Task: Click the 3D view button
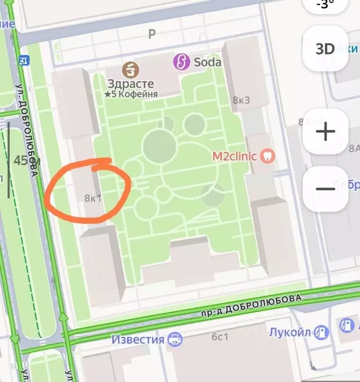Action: [x=325, y=49]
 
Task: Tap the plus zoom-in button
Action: [x=325, y=132]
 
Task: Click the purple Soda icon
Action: [x=182, y=62]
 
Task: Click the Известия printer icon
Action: [x=175, y=340]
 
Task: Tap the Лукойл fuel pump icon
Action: [x=323, y=332]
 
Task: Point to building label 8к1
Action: [x=93, y=198]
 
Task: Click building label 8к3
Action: [x=241, y=100]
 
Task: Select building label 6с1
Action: [x=220, y=337]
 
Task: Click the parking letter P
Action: [x=152, y=34]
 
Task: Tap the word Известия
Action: [x=137, y=340]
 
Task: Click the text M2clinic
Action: [x=236, y=156]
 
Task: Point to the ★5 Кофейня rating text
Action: [x=131, y=94]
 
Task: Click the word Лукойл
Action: [x=291, y=332]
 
